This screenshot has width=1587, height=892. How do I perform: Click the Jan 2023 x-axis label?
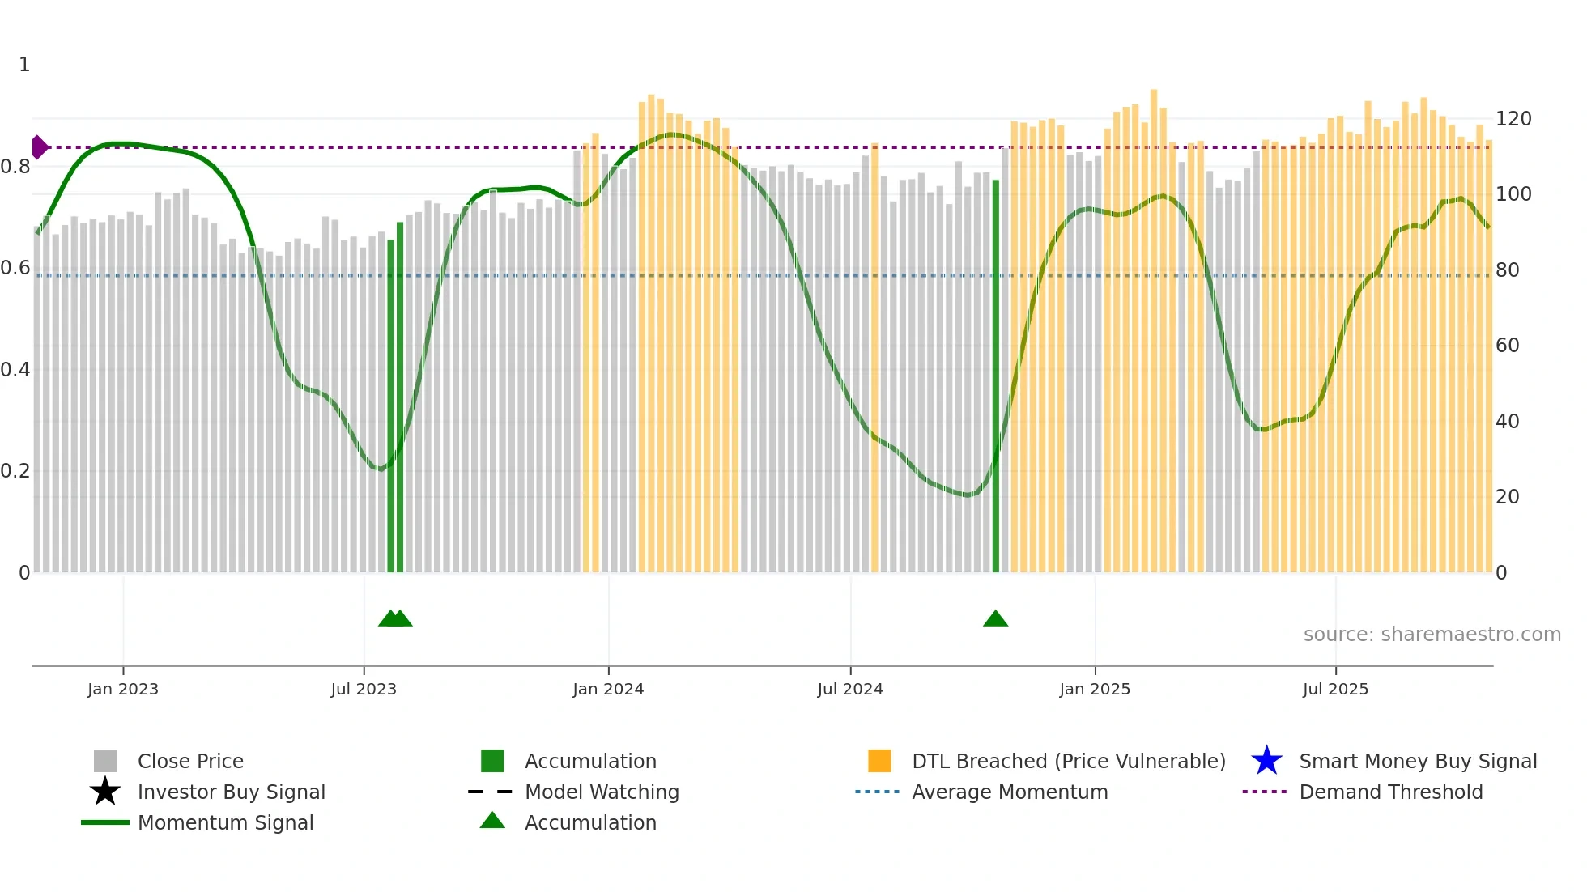click(x=123, y=689)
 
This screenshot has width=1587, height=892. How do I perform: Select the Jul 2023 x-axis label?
click(x=364, y=689)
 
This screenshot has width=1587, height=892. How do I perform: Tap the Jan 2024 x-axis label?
click(x=608, y=689)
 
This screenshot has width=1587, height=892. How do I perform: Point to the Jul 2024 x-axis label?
click(x=850, y=689)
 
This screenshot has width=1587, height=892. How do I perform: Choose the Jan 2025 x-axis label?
click(x=1095, y=689)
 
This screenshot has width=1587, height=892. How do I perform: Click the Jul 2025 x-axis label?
click(x=1335, y=689)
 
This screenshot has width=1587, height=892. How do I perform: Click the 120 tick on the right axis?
click(x=1513, y=119)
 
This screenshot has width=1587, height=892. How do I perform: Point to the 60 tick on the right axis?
click(x=1508, y=346)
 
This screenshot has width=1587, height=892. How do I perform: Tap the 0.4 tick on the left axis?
click(x=15, y=370)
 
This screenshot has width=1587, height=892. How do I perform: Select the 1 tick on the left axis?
click(x=24, y=65)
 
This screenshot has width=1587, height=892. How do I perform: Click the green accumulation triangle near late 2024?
click(x=995, y=619)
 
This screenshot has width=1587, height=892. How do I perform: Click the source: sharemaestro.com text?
click(x=1432, y=635)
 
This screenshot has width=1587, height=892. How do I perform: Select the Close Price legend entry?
click(x=190, y=761)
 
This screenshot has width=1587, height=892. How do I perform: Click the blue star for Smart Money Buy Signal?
click(x=1266, y=761)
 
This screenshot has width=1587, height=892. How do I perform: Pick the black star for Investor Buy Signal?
click(x=105, y=792)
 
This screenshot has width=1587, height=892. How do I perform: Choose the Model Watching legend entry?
click(x=602, y=792)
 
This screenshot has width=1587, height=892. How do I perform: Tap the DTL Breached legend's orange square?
click(x=879, y=761)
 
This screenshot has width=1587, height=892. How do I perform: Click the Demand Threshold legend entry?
click(x=1390, y=792)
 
